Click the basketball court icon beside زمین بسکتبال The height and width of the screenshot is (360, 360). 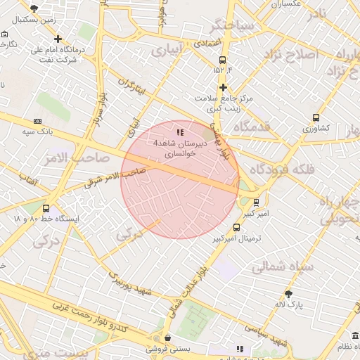(x=34, y=8)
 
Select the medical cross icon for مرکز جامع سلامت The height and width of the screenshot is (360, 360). (x=223, y=88)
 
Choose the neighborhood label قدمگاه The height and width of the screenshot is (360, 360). (x=252, y=127)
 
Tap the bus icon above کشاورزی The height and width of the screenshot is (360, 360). (x=316, y=118)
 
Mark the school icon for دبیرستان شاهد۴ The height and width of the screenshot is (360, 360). (x=180, y=131)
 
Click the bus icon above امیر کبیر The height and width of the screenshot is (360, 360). (x=256, y=202)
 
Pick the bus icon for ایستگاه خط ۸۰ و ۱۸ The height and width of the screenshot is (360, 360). (x=46, y=209)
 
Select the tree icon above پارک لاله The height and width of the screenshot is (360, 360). (x=288, y=293)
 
